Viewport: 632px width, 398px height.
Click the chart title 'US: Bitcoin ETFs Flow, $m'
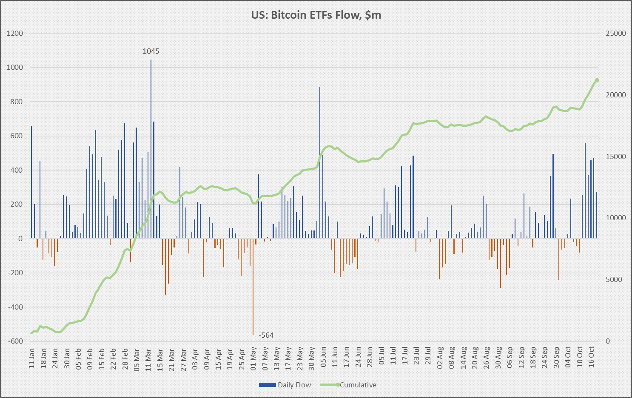[316, 15]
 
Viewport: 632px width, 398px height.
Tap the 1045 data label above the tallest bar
[151, 51]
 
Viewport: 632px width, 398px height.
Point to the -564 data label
[266, 335]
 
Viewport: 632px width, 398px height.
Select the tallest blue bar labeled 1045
[151, 149]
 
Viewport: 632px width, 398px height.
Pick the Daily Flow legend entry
[285, 385]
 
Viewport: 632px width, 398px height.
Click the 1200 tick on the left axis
[15, 33]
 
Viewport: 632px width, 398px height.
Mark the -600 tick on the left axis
[15, 341]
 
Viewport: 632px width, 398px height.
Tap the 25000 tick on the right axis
[616, 33]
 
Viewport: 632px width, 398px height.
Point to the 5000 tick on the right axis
[614, 279]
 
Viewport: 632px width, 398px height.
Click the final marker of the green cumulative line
[597, 80]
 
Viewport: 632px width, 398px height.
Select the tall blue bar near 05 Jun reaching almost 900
[320, 162]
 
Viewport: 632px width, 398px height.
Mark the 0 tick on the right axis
[608, 341]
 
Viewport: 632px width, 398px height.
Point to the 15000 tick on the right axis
[616, 156]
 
